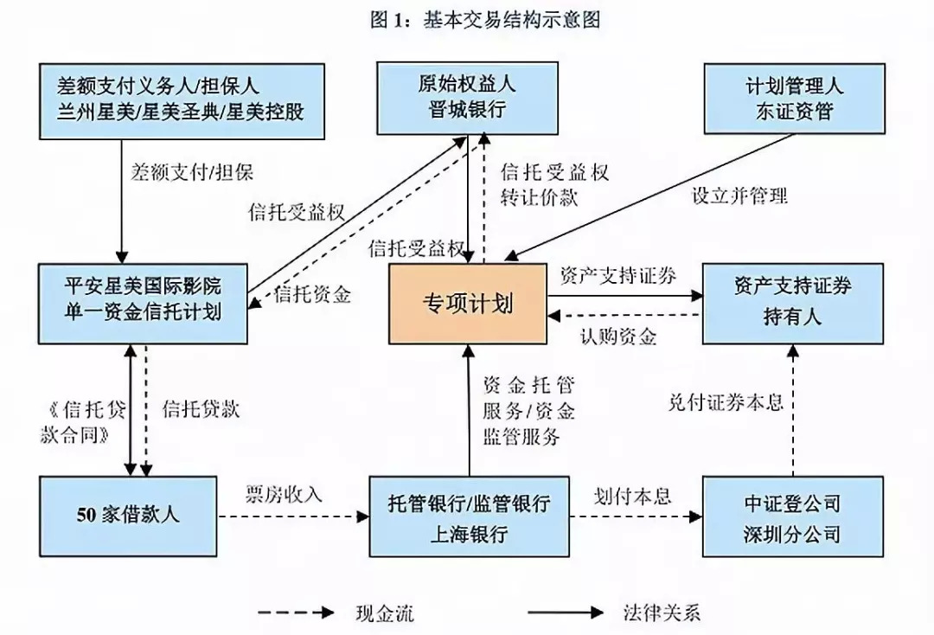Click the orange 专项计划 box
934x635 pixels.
coord(468,304)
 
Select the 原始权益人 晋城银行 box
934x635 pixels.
coord(468,98)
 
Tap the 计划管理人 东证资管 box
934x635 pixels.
coord(794,99)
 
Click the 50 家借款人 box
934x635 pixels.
coord(128,516)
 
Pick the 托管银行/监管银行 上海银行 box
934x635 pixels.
coord(469,516)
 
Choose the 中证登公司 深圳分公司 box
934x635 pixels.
coord(792,516)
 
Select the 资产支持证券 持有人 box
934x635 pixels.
coord(793,304)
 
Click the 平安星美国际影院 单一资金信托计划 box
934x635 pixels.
coord(143,304)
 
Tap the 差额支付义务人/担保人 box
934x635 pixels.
coord(182,101)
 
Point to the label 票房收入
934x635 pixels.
coord(284,495)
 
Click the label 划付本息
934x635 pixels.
coord(632,496)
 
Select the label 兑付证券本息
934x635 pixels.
coord(726,403)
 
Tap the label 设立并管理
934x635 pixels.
coord(739,196)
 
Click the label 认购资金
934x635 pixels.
coord(618,337)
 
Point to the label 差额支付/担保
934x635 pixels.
coord(192,172)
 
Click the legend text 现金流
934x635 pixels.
coord(385,613)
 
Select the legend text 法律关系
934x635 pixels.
coord(662,613)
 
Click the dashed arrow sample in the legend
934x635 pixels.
coord(296,613)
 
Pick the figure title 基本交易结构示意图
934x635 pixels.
coord(512,20)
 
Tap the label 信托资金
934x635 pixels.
coord(312,294)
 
